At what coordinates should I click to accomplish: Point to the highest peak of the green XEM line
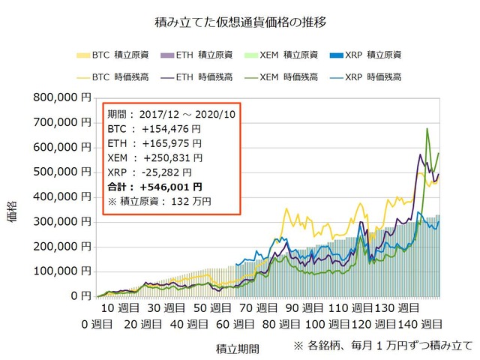point(427,129)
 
